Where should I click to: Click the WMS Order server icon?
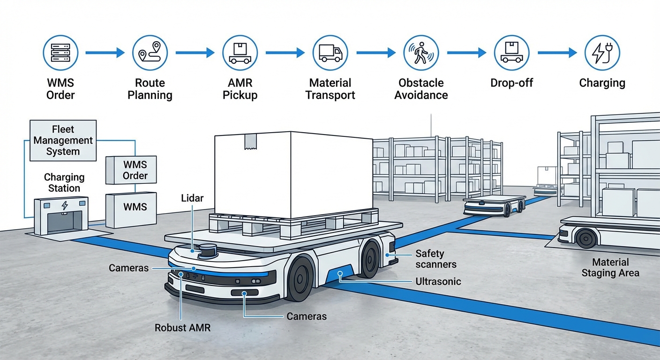click(x=60, y=53)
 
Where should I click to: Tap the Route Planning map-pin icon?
click(x=150, y=53)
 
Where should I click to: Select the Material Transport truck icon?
click(x=330, y=53)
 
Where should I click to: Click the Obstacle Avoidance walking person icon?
click(x=420, y=53)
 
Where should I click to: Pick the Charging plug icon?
click(x=602, y=53)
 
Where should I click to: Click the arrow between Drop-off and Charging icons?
click(x=557, y=53)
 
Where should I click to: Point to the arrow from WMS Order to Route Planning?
click(x=105, y=53)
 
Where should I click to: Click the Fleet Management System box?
click(x=63, y=140)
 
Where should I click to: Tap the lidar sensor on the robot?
click(x=207, y=251)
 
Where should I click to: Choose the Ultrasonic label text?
click(x=438, y=282)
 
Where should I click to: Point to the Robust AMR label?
click(x=183, y=328)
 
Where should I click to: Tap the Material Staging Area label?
click(x=610, y=268)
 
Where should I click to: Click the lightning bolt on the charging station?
click(x=64, y=205)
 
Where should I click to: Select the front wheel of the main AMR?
click(x=300, y=278)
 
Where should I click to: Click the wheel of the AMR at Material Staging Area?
click(x=586, y=238)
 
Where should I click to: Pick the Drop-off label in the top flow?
click(x=511, y=83)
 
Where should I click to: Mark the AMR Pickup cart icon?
click(x=240, y=53)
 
